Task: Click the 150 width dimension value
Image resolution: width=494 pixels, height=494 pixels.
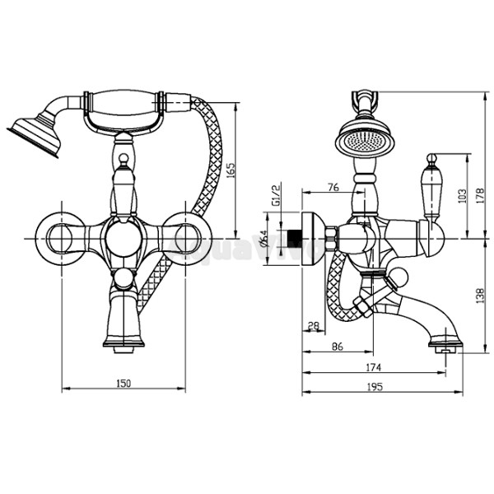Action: (123, 382)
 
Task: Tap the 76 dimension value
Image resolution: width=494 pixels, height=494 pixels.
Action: (333, 188)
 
